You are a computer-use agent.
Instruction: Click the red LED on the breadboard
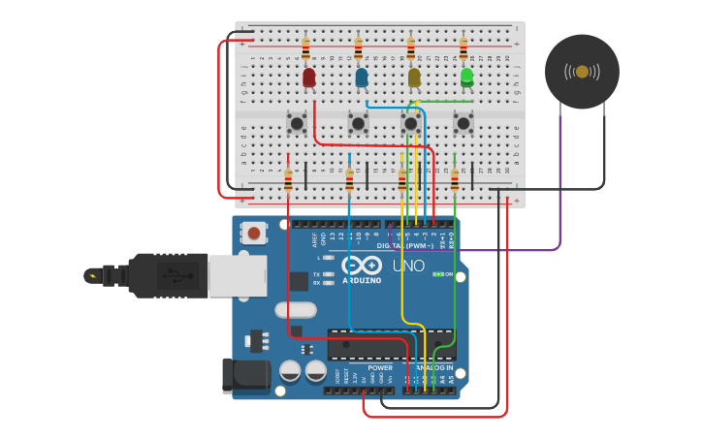pos(309,78)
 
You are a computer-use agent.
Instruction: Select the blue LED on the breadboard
pos(362,78)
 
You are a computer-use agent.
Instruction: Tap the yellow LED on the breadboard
pos(414,78)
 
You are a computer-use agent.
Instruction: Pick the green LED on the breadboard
pos(466,77)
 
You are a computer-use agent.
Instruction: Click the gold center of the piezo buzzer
pos(582,72)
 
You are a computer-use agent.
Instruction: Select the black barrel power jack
pos(244,376)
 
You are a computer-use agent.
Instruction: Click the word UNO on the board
pos(408,266)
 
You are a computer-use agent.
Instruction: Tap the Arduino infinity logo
pos(361,267)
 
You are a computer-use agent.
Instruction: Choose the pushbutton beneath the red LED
pos(297,122)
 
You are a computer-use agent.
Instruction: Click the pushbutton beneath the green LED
pos(463,122)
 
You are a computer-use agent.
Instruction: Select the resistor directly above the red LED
pos(306,47)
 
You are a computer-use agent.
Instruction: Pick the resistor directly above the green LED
pos(463,47)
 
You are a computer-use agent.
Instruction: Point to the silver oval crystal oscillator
pos(295,311)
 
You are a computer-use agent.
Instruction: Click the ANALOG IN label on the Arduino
pos(434,368)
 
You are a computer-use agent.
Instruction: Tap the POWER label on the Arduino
pos(380,368)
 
